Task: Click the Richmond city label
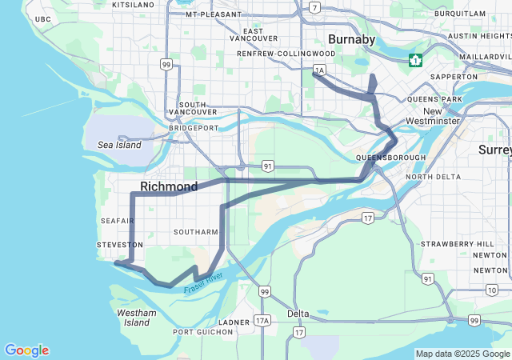(x=169, y=186)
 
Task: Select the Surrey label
(x=494, y=150)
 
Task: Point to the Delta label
(x=298, y=313)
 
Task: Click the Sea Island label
(x=119, y=145)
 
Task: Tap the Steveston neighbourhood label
(x=119, y=244)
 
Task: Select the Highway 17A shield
(x=262, y=321)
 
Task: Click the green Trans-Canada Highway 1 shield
(x=415, y=60)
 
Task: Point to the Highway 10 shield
(x=491, y=290)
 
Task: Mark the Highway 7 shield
(x=315, y=8)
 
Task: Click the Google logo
(x=26, y=350)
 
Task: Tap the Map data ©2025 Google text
(x=462, y=354)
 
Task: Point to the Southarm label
(x=196, y=232)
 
